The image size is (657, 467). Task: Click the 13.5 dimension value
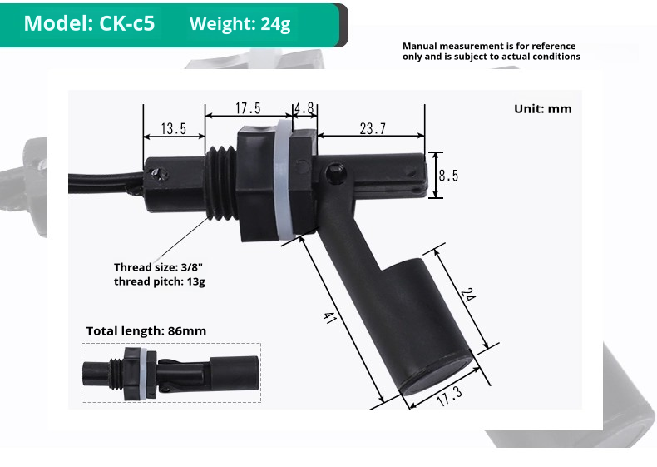(x=174, y=129)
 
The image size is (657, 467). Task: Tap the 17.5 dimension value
(x=248, y=108)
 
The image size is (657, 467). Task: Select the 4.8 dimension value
(x=304, y=108)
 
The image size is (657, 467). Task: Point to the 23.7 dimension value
(x=373, y=128)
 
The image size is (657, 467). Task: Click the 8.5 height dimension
(x=448, y=176)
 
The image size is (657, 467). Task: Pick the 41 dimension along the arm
(x=329, y=319)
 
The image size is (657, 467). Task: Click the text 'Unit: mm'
(x=542, y=109)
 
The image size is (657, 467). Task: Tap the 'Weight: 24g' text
(x=240, y=24)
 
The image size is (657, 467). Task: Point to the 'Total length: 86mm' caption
(x=146, y=331)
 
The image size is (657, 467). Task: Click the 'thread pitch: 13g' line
(x=159, y=281)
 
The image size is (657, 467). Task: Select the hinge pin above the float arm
(x=336, y=172)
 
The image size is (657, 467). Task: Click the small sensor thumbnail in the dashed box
(x=170, y=373)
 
